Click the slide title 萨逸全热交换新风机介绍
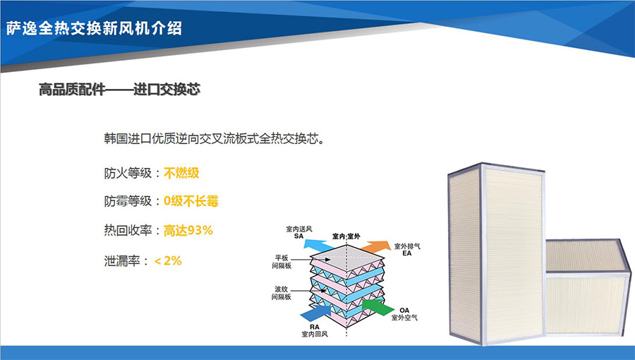pos(94,28)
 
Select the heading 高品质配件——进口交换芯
pos(119,90)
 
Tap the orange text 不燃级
pos(181,173)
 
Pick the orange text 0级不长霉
pos(190,201)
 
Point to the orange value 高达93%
pos(188,230)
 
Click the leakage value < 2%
pos(168,260)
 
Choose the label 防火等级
pos(128,173)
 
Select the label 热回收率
pos(128,230)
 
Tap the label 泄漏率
pos(122,260)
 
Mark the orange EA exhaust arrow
pos(375,246)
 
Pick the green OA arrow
pos(378,306)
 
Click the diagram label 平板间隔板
pos(282,262)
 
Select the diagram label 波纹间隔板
pos(282,293)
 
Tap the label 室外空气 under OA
pos(404,318)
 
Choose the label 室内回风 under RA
pos(315,334)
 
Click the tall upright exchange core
pos(496,253)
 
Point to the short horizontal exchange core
pos(588,287)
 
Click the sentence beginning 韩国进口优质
pos(214,138)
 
